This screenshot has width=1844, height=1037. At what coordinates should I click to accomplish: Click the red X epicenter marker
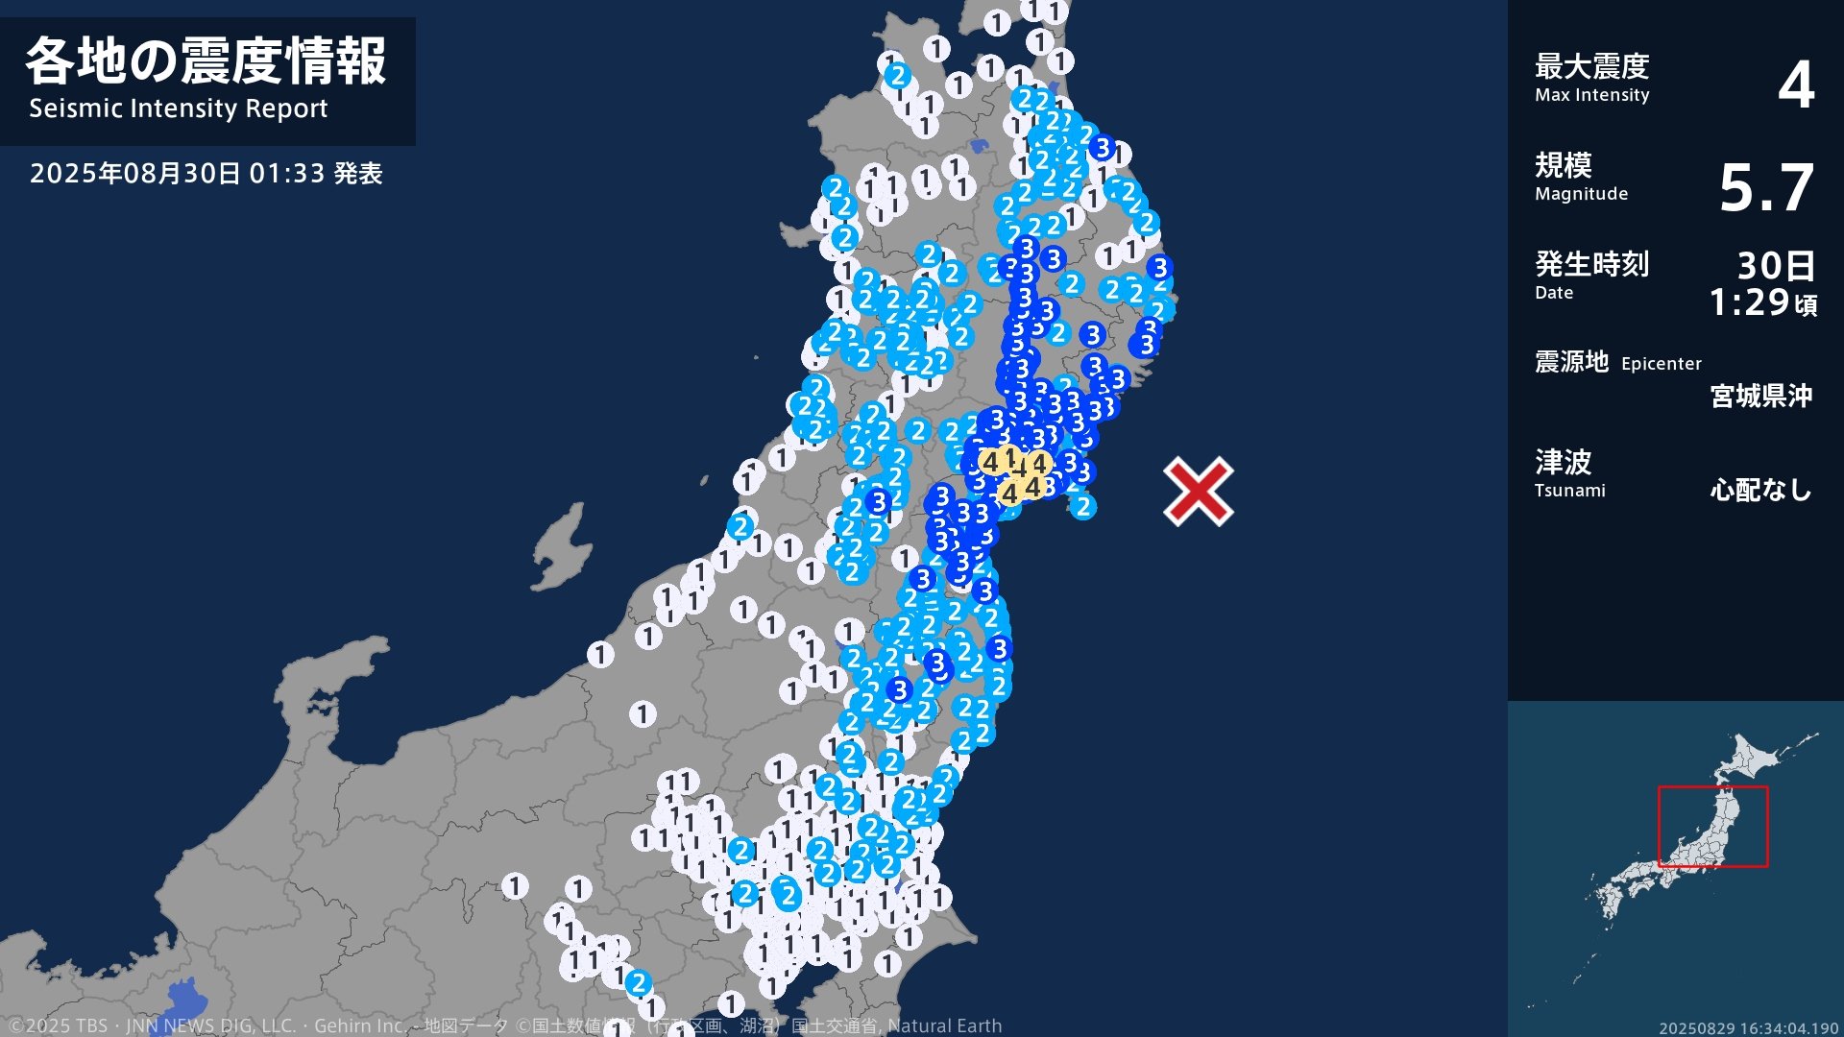tap(1199, 492)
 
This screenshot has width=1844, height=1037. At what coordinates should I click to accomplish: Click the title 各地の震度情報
tap(206, 61)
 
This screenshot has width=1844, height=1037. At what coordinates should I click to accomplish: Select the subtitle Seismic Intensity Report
tap(179, 109)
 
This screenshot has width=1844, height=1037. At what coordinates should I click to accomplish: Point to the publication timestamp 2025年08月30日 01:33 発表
tap(206, 174)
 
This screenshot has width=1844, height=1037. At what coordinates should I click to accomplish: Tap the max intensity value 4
tap(1795, 84)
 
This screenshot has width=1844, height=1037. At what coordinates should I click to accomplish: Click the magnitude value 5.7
tap(1765, 187)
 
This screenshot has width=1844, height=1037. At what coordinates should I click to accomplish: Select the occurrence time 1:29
tap(1749, 303)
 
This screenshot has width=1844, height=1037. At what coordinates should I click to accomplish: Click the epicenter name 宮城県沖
tap(1760, 396)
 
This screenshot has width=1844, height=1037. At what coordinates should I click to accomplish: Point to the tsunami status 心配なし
tap(1760, 491)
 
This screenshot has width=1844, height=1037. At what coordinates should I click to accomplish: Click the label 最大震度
tap(1591, 66)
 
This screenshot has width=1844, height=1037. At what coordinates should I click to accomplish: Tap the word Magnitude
tap(1581, 194)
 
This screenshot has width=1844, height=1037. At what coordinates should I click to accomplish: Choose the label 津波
tap(1563, 462)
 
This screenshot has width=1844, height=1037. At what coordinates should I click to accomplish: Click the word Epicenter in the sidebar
tap(1661, 364)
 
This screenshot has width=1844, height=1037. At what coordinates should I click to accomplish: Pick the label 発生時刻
tap(1591, 263)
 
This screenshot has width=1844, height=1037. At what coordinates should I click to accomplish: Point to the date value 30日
tap(1776, 265)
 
